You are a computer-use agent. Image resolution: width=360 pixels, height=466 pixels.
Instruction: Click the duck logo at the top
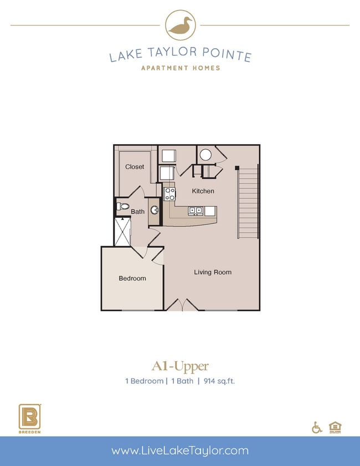(180, 25)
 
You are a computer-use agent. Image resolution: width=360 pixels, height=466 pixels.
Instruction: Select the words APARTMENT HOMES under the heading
(180, 68)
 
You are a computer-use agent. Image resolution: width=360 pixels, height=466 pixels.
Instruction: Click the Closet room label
(135, 167)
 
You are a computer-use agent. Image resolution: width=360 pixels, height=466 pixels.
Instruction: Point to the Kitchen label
(203, 191)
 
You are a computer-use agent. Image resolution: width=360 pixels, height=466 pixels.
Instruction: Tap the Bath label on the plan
(138, 211)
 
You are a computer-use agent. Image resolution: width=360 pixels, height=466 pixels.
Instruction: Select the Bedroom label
(132, 278)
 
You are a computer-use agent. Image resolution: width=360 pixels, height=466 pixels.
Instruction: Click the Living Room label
(213, 272)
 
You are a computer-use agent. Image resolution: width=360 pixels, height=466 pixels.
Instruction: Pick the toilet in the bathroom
(122, 207)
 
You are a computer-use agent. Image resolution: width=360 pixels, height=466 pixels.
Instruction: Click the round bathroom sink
(155, 210)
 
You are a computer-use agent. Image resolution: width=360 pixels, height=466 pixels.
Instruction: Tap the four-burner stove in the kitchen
(170, 194)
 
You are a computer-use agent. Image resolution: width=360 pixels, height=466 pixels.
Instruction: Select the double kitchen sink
(195, 211)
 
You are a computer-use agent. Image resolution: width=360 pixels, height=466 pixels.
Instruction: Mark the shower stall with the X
(122, 232)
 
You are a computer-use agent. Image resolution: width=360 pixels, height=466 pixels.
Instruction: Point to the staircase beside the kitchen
(248, 202)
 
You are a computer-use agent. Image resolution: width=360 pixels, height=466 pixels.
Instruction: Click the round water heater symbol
(205, 155)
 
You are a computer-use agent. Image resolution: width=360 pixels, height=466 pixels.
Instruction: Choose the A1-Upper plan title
(180, 366)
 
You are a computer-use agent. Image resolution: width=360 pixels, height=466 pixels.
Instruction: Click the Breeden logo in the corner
(28, 417)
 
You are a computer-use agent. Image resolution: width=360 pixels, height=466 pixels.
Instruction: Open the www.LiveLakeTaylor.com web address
(180, 450)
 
